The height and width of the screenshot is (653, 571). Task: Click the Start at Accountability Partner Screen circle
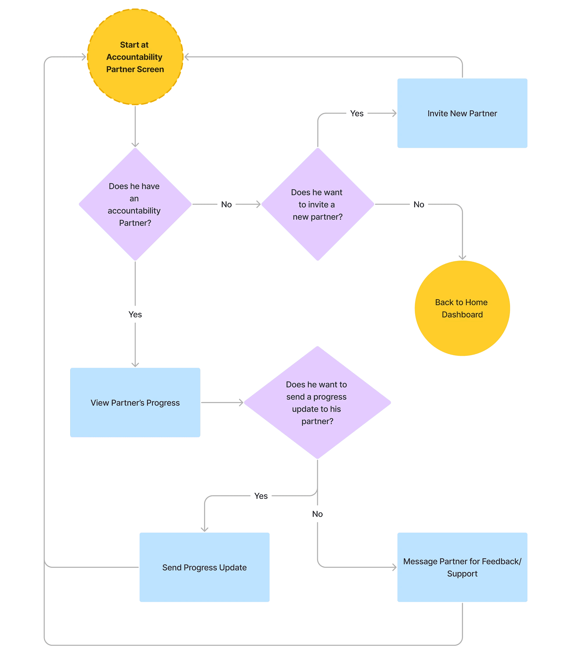(x=135, y=57)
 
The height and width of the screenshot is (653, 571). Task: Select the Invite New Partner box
(x=462, y=113)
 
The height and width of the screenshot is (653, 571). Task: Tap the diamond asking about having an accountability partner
(x=135, y=204)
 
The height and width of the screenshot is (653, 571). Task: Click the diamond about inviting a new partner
(x=318, y=204)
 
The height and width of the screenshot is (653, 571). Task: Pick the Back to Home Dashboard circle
(x=462, y=308)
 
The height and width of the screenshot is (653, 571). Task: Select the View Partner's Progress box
(x=135, y=403)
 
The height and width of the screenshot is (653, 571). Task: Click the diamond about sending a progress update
(x=317, y=403)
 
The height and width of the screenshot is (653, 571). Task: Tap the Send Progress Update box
(x=205, y=567)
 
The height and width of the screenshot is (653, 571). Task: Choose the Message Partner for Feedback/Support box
(x=462, y=567)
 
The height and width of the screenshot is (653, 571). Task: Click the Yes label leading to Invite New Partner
(x=357, y=113)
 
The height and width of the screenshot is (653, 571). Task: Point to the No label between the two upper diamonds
(x=227, y=204)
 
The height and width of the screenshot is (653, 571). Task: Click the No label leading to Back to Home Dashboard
(x=419, y=204)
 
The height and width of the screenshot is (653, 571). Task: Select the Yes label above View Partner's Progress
(x=135, y=314)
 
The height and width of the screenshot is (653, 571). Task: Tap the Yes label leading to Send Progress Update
(x=261, y=496)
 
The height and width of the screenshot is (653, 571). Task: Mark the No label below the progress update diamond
(x=317, y=514)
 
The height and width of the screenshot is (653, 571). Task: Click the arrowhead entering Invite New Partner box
(x=394, y=113)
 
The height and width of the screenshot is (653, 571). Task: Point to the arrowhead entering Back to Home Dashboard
(x=462, y=258)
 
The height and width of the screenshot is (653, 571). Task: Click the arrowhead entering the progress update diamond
(x=241, y=403)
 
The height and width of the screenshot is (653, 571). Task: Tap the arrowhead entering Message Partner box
(x=394, y=567)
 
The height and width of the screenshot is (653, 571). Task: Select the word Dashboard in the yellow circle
(x=462, y=314)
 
